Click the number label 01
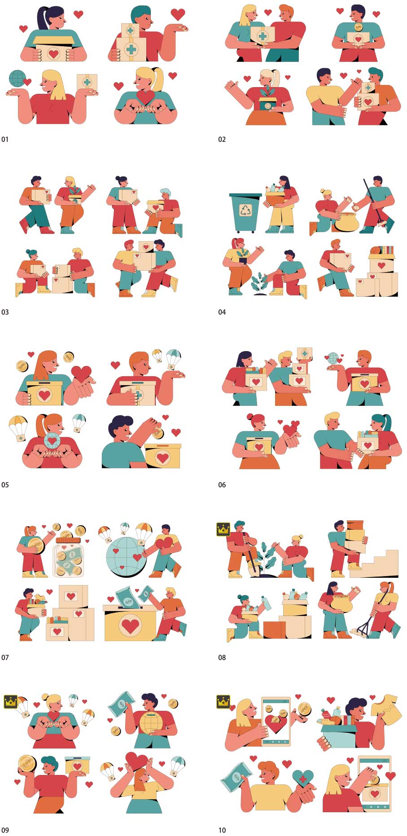coord(5,140)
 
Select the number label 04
coord(222,312)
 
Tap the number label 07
coord(5,658)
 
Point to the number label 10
coord(222,830)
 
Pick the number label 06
coord(222,485)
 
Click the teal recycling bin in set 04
coord(245,213)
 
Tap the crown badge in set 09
coord(10,701)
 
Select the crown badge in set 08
coord(223,529)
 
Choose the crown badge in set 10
coord(223,701)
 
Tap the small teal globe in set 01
coord(17,78)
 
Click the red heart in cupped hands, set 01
coord(145,97)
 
